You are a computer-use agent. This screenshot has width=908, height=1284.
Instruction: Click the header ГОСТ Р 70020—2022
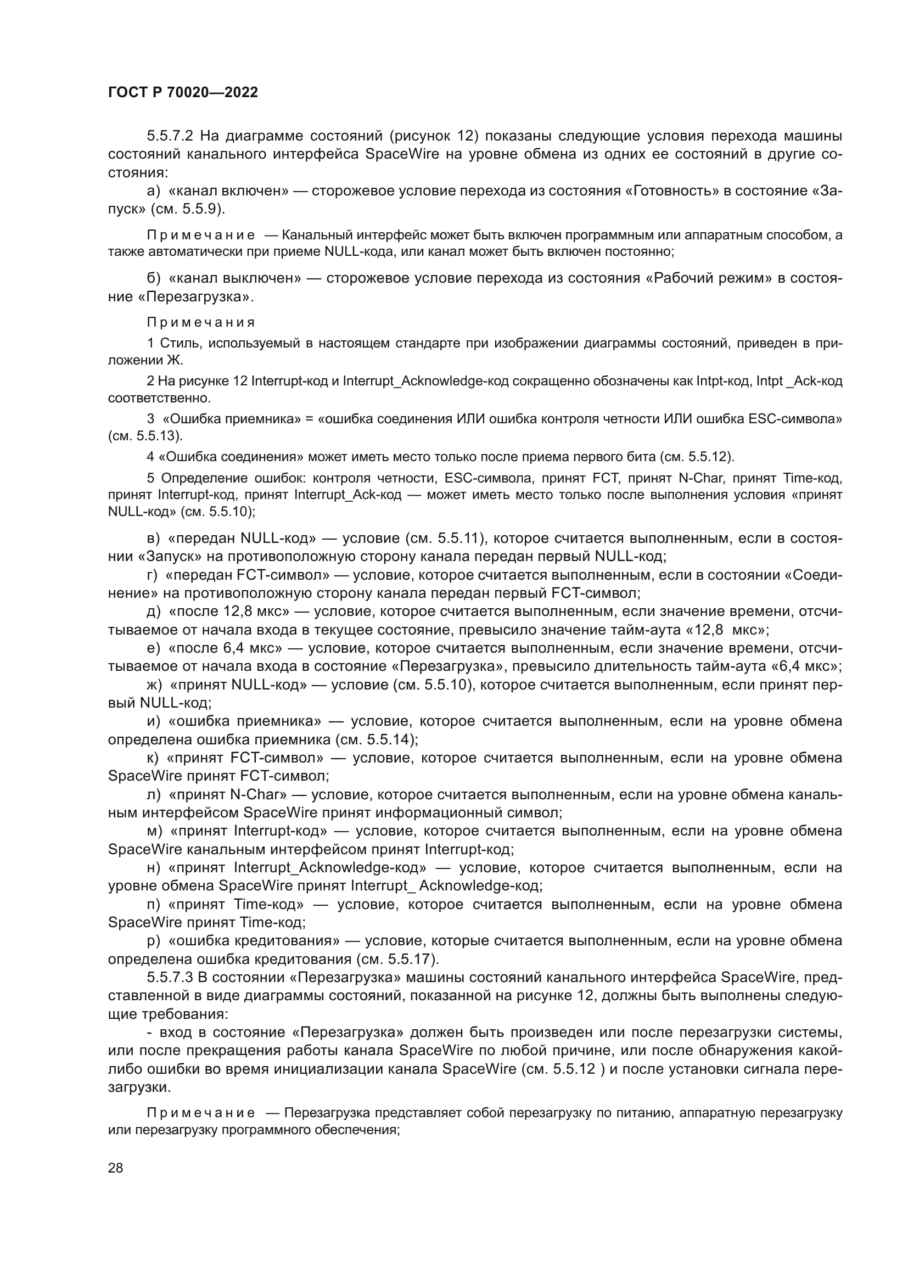tap(183, 93)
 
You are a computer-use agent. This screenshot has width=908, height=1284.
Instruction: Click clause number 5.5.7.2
tap(170, 136)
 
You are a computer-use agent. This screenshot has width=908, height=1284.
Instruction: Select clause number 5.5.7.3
tap(170, 977)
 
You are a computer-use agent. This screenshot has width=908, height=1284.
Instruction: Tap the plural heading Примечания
tap(201, 323)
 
